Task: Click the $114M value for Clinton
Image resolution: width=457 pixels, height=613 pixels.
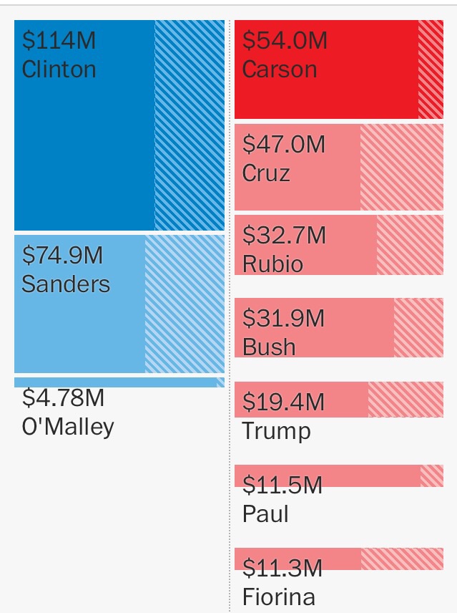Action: click(59, 40)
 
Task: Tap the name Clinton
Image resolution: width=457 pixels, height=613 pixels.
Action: click(59, 69)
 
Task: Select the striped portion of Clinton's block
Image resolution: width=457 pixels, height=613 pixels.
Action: click(190, 125)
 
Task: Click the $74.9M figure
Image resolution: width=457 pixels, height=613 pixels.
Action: click(63, 255)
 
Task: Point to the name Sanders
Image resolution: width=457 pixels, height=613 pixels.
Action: click(66, 284)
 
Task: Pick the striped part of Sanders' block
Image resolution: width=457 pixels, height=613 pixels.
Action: click(185, 304)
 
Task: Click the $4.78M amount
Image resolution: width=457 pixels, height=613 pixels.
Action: click(63, 397)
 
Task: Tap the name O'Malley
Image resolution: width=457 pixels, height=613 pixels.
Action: click(68, 427)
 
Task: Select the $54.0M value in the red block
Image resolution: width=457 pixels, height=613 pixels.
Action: click(285, 40)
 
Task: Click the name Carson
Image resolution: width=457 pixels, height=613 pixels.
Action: click(280, 69)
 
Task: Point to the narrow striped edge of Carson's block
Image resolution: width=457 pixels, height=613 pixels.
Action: click(431, 69)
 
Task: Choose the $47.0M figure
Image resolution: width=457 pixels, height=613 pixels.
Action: click(284, 145)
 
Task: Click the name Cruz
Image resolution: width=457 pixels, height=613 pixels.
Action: click(266, 174)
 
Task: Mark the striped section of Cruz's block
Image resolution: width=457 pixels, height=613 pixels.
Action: click(401, 167)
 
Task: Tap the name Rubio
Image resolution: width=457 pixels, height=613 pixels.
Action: click(273, 264)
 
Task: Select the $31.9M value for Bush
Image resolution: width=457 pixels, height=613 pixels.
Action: click(284, 318)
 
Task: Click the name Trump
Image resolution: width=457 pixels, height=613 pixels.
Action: click(276, 431)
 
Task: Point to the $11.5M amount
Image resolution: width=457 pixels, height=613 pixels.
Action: click(282, 486)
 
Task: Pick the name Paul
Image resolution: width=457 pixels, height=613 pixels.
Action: click(265, 514)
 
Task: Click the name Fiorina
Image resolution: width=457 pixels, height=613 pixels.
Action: click(279, 597)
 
